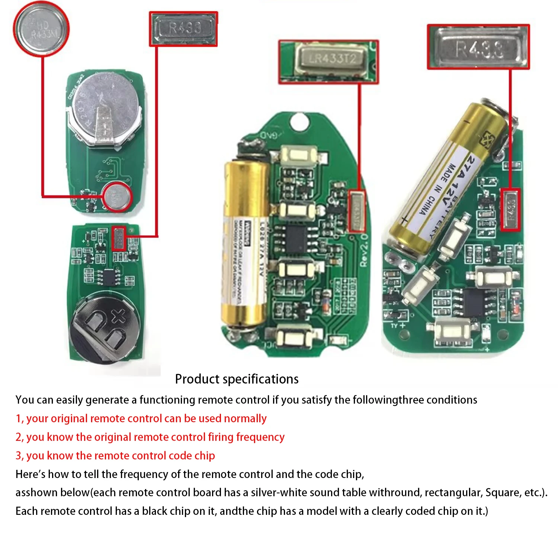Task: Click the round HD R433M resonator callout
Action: click(41, 29)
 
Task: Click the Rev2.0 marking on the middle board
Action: click(364, 249)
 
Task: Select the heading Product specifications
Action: click(237, 379)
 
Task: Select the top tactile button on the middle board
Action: click(299, 155)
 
